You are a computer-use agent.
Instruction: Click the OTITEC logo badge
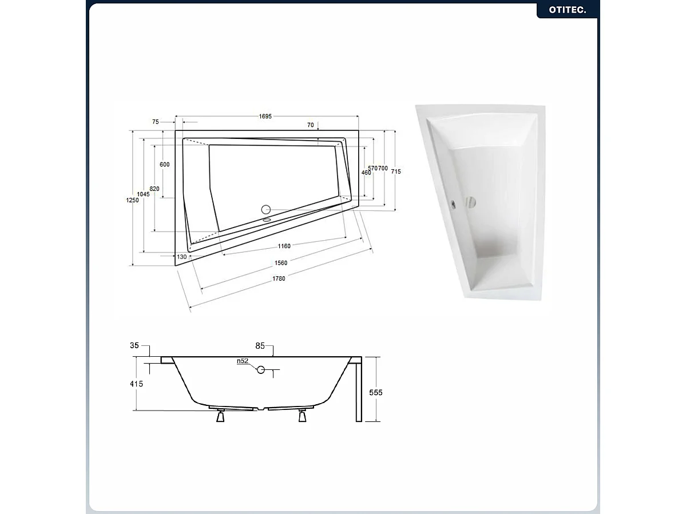tap(568, 10)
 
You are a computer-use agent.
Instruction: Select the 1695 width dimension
tap(264, 117)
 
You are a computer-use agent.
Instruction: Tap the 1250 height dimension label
tap(132, 200)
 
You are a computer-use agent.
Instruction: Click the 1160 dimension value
tap(284, 246)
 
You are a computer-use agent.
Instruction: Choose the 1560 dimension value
tap(280, 262)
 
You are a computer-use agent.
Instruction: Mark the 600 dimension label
tap(165, 165)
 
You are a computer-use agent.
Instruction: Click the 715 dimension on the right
tap(395, 172)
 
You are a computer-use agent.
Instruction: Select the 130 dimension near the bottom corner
tap(182, 257)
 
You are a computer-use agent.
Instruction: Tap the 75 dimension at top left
tap(156, 122)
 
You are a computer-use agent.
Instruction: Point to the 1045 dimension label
tap(143, 194)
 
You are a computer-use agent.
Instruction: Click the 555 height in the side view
tap(376, 393)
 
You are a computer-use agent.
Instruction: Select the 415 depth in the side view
tap(136, 384)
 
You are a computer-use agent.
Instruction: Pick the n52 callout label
tap(243, 361)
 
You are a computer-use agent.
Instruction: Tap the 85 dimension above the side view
tap(260, 346)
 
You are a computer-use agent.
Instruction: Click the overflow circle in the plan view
tap(265, 210)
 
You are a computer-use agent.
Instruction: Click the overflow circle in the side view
tap(261, 370)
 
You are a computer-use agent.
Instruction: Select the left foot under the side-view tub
tap(220, 417)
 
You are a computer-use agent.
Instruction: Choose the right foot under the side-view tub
tap(302, 417)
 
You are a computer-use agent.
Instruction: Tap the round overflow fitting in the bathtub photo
tap(470, 202)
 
